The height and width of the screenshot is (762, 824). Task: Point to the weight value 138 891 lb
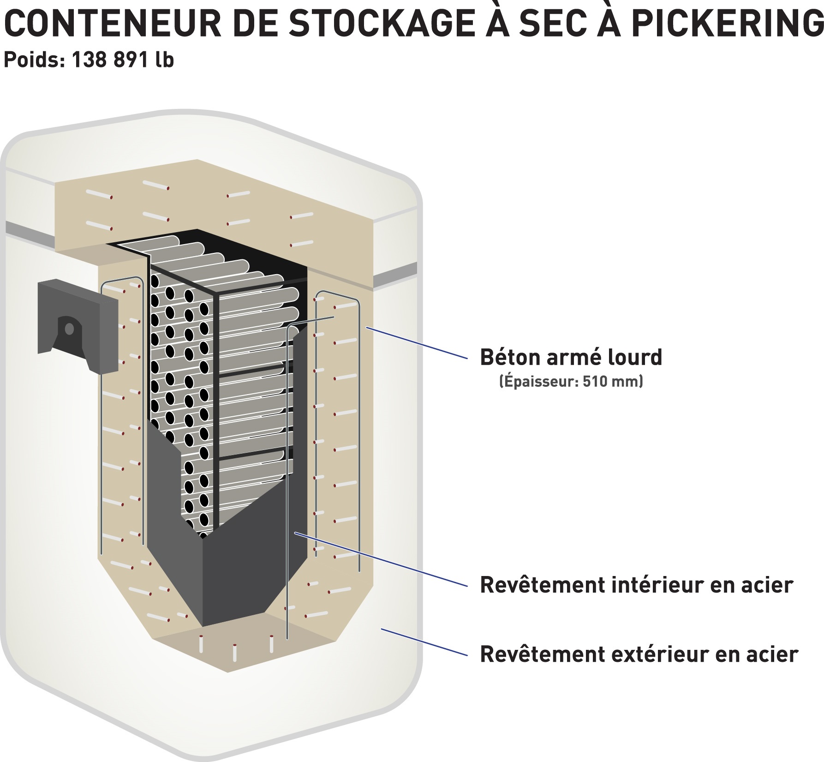pyautogui.click(x=123, y=60)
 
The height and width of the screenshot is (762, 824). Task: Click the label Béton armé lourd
pyautogui.click(x=571, y=357)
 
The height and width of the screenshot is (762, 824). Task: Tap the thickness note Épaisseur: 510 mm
pyautogui.click(x=571, y=382)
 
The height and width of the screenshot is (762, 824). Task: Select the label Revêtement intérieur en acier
pyautogui.click(x=636, y=585)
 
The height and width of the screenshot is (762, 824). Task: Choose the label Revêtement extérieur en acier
pyautogui.click(x=639, y=654)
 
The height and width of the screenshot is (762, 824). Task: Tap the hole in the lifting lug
pyautogui.click(x=69, y=329)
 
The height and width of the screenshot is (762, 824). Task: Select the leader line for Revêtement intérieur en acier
pyautogui.click(x=381, y=559)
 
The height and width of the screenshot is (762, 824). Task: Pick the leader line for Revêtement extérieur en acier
pyautogui.click(x=424, y=642)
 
